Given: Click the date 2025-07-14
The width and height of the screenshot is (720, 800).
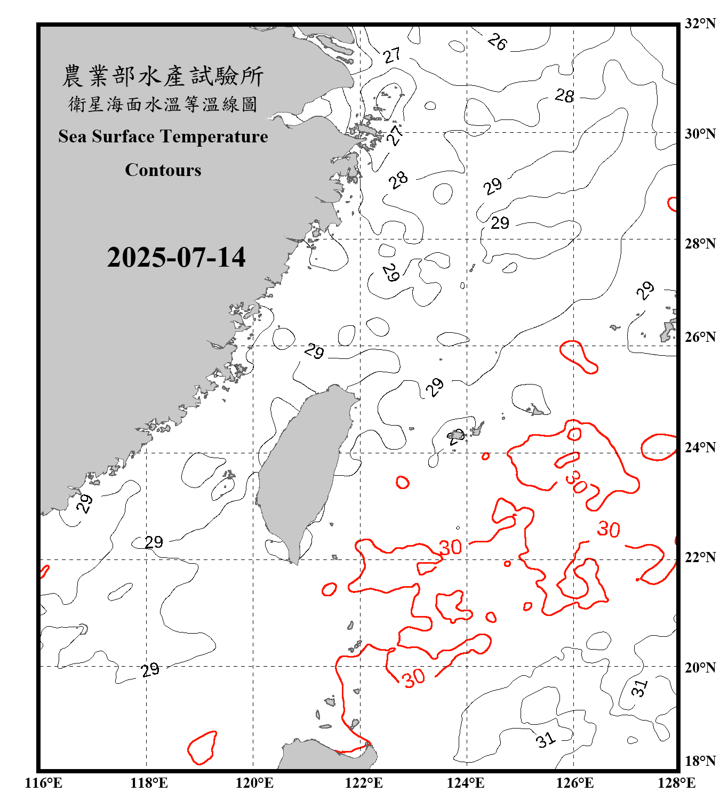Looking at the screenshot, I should coord(176,257).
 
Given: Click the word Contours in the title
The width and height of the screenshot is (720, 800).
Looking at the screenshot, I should coord(163,170).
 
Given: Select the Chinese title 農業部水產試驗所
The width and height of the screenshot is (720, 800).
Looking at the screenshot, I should coord(163,76).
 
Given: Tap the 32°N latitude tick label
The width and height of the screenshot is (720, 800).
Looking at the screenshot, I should coord(700,23).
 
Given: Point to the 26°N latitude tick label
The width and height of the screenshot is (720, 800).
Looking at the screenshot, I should coord(700,337).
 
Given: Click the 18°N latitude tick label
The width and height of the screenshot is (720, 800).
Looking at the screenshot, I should coord(700,761).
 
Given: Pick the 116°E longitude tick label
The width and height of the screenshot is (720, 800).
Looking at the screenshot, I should coord(44,783).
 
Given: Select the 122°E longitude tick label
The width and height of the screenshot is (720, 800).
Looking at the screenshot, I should coord(364,783).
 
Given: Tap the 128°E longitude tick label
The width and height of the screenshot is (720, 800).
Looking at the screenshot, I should coord(676,783).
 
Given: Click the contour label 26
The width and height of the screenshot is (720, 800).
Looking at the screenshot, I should coord(497,42).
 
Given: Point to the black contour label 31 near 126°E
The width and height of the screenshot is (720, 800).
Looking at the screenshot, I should coord(545,740).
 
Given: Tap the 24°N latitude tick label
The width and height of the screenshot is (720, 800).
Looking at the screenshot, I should coord(700,447).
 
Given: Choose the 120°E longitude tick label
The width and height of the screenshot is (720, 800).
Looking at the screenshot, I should coord(255,783).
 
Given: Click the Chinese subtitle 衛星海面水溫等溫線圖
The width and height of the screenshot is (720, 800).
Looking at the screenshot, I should coord(163,104).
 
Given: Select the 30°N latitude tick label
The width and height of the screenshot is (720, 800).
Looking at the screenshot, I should coord(700,133).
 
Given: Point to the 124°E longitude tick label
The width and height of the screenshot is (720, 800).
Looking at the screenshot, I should coord(466,783).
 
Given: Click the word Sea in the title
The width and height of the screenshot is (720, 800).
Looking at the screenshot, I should coord(73,137).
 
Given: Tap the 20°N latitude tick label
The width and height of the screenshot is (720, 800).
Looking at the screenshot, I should coord(700,667).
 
